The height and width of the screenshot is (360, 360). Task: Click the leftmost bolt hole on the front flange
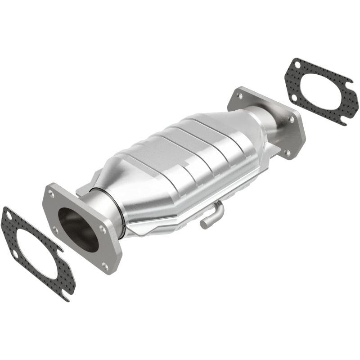click(54, 230)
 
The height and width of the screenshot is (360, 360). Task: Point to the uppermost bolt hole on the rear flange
click(239, 95)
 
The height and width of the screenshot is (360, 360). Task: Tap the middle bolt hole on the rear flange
click(292, 119)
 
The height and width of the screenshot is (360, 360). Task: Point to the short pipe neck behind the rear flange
click(270, 117)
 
